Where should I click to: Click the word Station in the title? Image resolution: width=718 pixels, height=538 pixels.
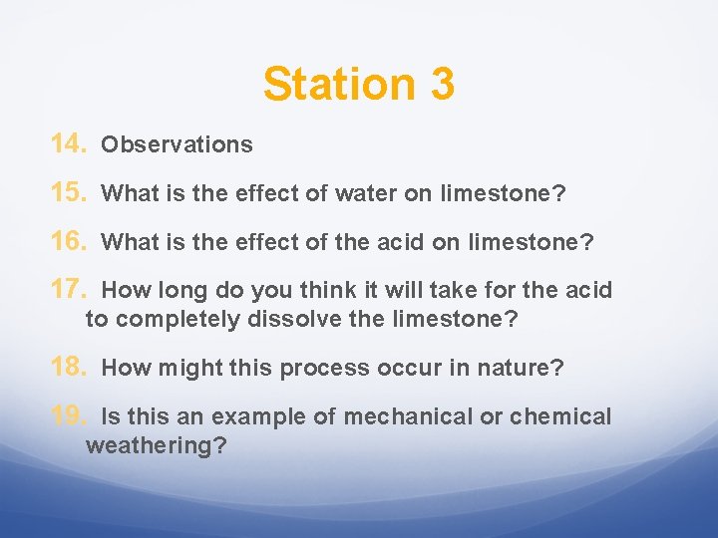tap(339, 84)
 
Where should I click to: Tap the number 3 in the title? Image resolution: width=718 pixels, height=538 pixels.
tap(443, 84)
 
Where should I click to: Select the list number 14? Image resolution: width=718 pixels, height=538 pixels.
tap(70, 144)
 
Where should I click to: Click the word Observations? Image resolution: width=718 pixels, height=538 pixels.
tap(178, 145)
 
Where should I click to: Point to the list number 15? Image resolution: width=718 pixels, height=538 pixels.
tap(70, 193)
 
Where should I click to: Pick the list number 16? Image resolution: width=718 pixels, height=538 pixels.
tap(70, 241)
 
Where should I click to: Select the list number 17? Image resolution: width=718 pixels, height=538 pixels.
tap(70, 290)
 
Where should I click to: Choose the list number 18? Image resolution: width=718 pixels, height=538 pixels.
tap(70, 368)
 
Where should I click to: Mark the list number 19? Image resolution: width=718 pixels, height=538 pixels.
tap(70, 415)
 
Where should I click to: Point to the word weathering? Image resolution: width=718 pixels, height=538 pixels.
tap(157, 445)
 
